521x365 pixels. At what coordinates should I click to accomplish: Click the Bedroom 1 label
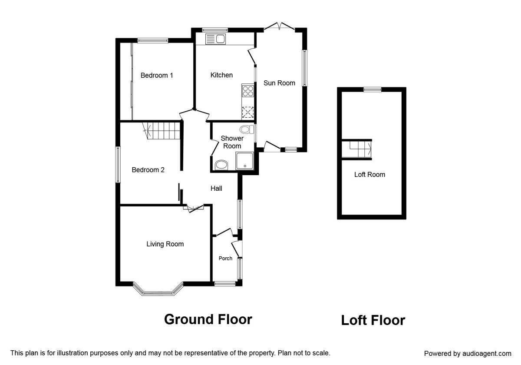pos(157,76)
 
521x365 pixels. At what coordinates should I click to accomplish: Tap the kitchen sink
pos(216,39)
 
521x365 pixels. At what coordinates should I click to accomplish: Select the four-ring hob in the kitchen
pos(248,91)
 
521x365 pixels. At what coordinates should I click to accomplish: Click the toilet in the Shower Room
pos(247,129)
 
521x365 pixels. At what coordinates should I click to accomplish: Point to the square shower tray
pos(244,161)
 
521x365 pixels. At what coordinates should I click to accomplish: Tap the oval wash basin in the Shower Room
pos(221,165)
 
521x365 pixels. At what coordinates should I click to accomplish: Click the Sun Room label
pos(279,83)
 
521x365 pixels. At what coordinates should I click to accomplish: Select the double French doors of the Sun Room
pos(279,26)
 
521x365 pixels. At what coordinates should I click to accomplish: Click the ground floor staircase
pos(162,131)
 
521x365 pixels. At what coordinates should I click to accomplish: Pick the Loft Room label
pos(369,175)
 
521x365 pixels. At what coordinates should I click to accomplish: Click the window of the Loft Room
pos(373,90)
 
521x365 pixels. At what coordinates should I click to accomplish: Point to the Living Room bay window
pos(158,290)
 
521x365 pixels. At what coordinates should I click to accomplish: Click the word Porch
pos(225,259)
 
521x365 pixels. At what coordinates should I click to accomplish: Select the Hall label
pos(216,188)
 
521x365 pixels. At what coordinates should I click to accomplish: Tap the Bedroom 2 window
pos(118,165)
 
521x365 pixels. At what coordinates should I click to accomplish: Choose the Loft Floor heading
pos(373,320)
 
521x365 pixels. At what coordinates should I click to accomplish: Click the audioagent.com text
pos(487,354)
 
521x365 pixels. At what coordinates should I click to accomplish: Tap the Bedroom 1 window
pos(152,40)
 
